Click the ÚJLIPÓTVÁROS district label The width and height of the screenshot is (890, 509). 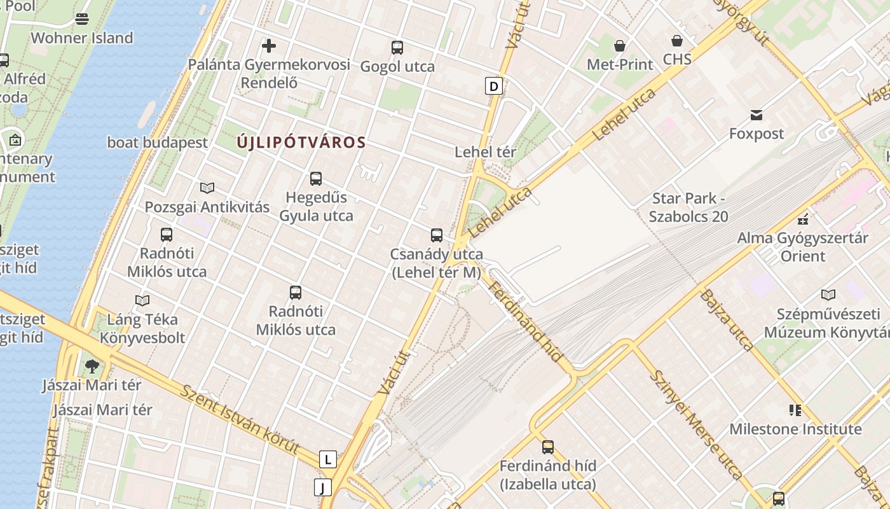pyautogui.click(x=301, y=143)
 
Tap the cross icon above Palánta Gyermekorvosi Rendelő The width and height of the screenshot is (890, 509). pyautogui.click(x=269, y=46)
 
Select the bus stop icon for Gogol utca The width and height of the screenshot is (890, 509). pyautogui.click(x=397, y=48)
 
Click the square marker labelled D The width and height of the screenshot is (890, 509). pyautogui.click(x=494, y=85)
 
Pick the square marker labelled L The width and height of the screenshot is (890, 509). pyautogui.click(x=327, y=459)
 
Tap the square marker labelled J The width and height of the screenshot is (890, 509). pyautogui.click(x=323, y=487)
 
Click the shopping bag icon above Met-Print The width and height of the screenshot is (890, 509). pyautogui.click(x=620, y=46)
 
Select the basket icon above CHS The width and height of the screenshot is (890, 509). pyautogui.click(x=677, y=41)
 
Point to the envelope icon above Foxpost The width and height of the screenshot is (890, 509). pyautogui.click(x=756, y=115)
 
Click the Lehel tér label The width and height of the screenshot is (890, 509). pyautogui.click(x=486, y=152)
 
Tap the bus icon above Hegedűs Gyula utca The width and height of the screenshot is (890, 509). pyautogui.click(x=316, y=179)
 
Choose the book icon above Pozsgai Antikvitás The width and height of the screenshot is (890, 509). pyautogui.click(x=207, y=188)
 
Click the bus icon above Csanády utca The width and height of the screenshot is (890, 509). pyautogui.click(x=437, y=235)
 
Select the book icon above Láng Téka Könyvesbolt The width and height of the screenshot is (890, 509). pyautogui.click(x=142, y=300)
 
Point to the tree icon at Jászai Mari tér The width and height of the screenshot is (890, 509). pyautogui.click(x=92, y=366)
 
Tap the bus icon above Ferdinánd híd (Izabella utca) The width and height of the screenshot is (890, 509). pyautogui.click(x=548, y=447)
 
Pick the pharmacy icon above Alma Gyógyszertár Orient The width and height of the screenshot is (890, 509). pyautogui.click(x=802, y=220)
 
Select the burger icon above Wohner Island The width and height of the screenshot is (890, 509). pyautogui.click(x=82, y=19)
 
